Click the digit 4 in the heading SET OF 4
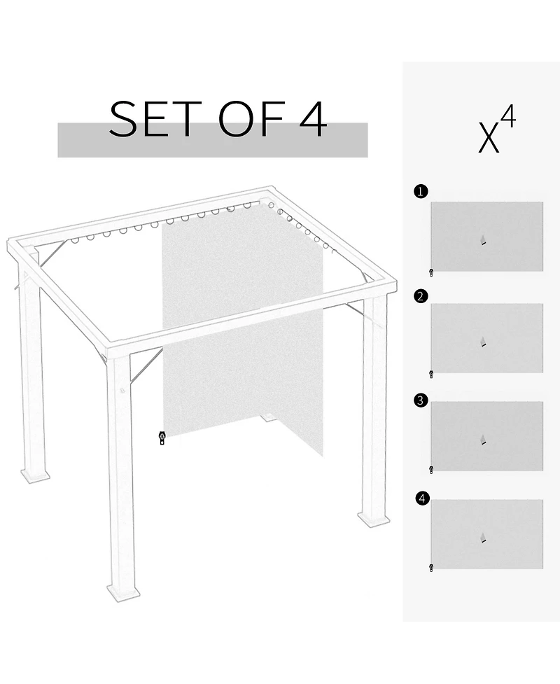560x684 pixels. pos(312,118)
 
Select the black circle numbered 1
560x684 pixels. pos(420,191)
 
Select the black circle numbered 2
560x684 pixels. pos(420,296)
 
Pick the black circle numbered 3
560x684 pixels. pos(420,400)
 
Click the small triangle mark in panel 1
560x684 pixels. pos(483,240)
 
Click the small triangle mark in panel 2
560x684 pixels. pos(483,342)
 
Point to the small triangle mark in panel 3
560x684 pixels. pos(483,440)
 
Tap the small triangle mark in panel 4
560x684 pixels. pos(483,538)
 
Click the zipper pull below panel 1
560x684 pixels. pos(431,273)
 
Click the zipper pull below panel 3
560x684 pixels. pos(431,469)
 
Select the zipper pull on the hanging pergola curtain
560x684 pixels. pos(162,438)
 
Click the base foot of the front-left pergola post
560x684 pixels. pos(123,592)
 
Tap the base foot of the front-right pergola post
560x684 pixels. pos(373,519)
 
